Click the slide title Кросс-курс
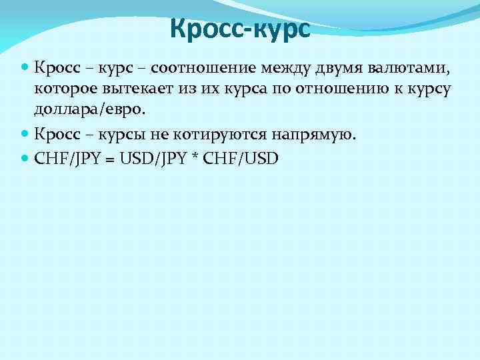click(x=240, y=29)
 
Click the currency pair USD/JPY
click(x=144, y=159)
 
